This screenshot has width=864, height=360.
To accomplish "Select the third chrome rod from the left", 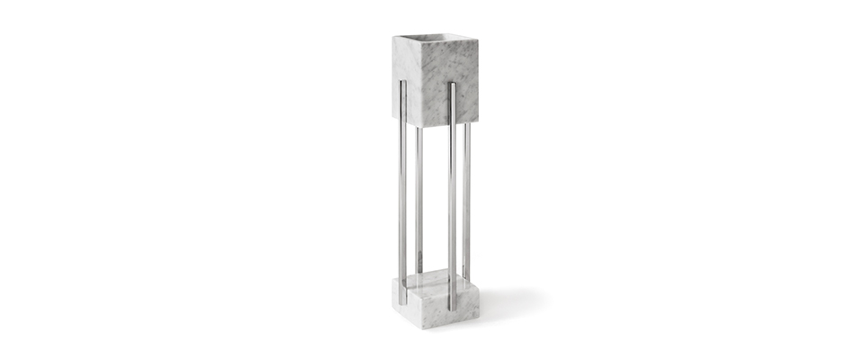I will [451, 198].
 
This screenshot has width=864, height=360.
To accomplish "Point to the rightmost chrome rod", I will [466, 198].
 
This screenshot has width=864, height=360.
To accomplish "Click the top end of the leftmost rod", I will [402, 84].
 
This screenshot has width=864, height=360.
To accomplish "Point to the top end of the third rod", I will [451, 85].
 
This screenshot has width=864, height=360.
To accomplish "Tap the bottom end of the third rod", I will [451, 308].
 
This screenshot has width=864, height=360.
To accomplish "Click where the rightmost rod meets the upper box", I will [466, 123].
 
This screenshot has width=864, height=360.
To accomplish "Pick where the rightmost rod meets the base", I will [466, 278].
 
